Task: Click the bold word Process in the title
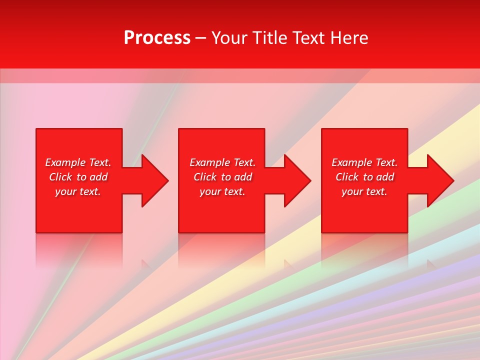[157, 38]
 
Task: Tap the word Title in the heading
[269, 38]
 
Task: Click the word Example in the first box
[65, 162]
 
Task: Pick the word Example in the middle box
[210, 162]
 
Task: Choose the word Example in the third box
[352, 162]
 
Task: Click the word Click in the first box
[61, 177]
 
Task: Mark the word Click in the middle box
[205, 177]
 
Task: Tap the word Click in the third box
[347, 177]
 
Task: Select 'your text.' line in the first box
[78, 191]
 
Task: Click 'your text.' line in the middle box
[222, 191]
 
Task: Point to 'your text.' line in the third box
[364, 191]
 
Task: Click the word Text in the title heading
[306, 38]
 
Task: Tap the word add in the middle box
[242, 177]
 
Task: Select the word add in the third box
[384, 177]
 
